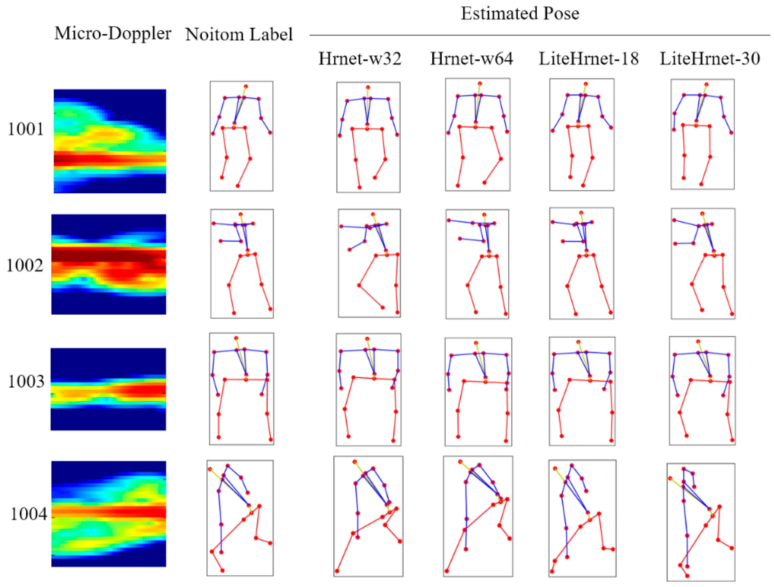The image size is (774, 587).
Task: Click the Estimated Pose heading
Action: click(x=520, y=13)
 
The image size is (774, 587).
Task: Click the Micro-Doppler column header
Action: click(x=113, y=34)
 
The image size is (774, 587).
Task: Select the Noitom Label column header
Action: click(x=239, y=34)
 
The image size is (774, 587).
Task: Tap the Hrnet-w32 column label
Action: click(x=360, y=59)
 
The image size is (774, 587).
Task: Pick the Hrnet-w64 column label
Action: click(x=471, y=59)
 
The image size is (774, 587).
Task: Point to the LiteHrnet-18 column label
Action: click(x=589, y=59)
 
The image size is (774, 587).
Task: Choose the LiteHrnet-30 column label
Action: click(x=710, y=59)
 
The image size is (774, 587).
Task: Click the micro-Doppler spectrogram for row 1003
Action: click(x=109, y=389)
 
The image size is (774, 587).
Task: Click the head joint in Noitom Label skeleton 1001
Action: click(x=246, y=86)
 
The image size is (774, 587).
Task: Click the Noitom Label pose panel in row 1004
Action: click(x=240, y=518)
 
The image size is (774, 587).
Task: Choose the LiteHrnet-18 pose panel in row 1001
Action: click(x=582, y=135)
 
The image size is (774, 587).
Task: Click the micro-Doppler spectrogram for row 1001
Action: click(x=110, y=141)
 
